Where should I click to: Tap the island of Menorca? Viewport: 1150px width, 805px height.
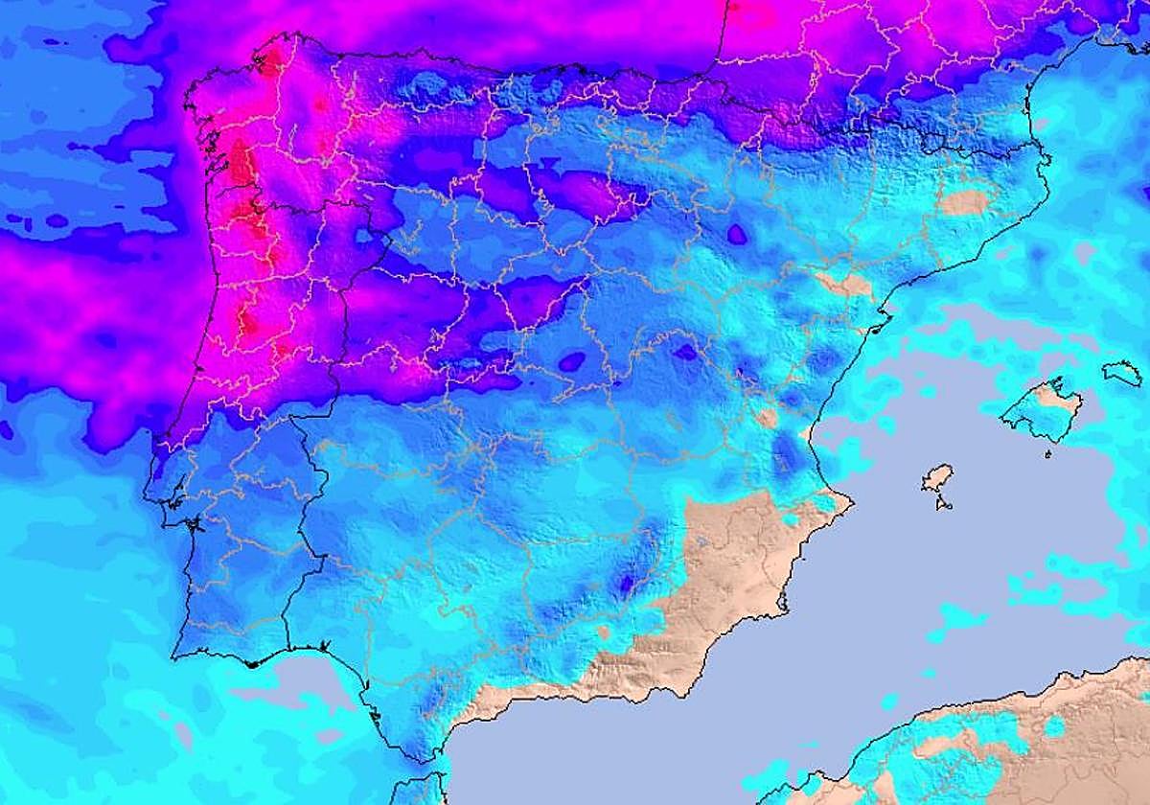[1122, 373]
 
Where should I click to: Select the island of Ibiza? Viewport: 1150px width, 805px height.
[937, 478]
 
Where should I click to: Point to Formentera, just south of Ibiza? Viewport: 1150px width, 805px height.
[944, 502]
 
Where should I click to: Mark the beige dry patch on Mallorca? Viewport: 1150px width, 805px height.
[1058, 399]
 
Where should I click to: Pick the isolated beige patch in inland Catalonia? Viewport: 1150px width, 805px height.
[962, 202]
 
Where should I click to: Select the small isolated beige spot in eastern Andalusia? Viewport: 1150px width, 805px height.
[603, 632]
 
